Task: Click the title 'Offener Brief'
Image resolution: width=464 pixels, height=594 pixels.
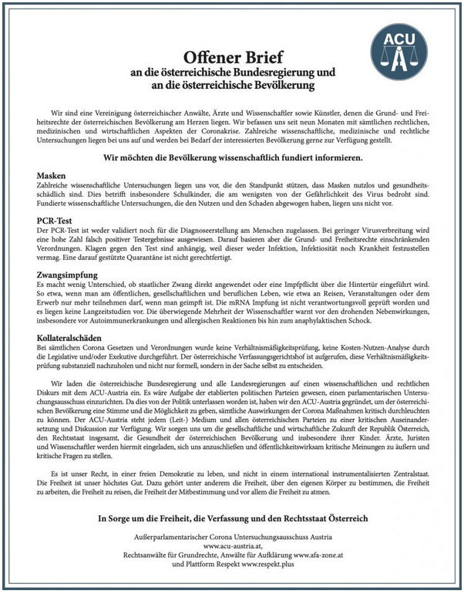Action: tap(232, 56)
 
